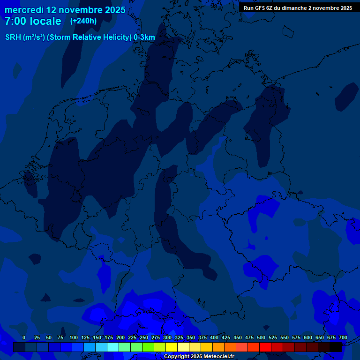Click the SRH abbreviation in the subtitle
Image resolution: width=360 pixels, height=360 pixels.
coord(13,37)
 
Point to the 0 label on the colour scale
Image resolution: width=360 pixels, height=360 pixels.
coord(24,337)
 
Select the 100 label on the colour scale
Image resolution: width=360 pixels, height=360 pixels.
coord(74,337)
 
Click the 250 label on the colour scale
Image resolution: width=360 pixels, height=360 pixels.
coord(144,337)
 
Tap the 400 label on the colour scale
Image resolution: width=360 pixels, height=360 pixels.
coord(214,337)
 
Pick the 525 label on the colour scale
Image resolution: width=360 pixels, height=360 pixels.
coord(273,337)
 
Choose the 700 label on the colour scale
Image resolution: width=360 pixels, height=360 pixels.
coord(343,337)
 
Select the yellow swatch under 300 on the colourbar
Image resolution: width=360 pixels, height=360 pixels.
coord(171,347)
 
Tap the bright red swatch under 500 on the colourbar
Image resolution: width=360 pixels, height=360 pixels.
coord(265,347)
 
